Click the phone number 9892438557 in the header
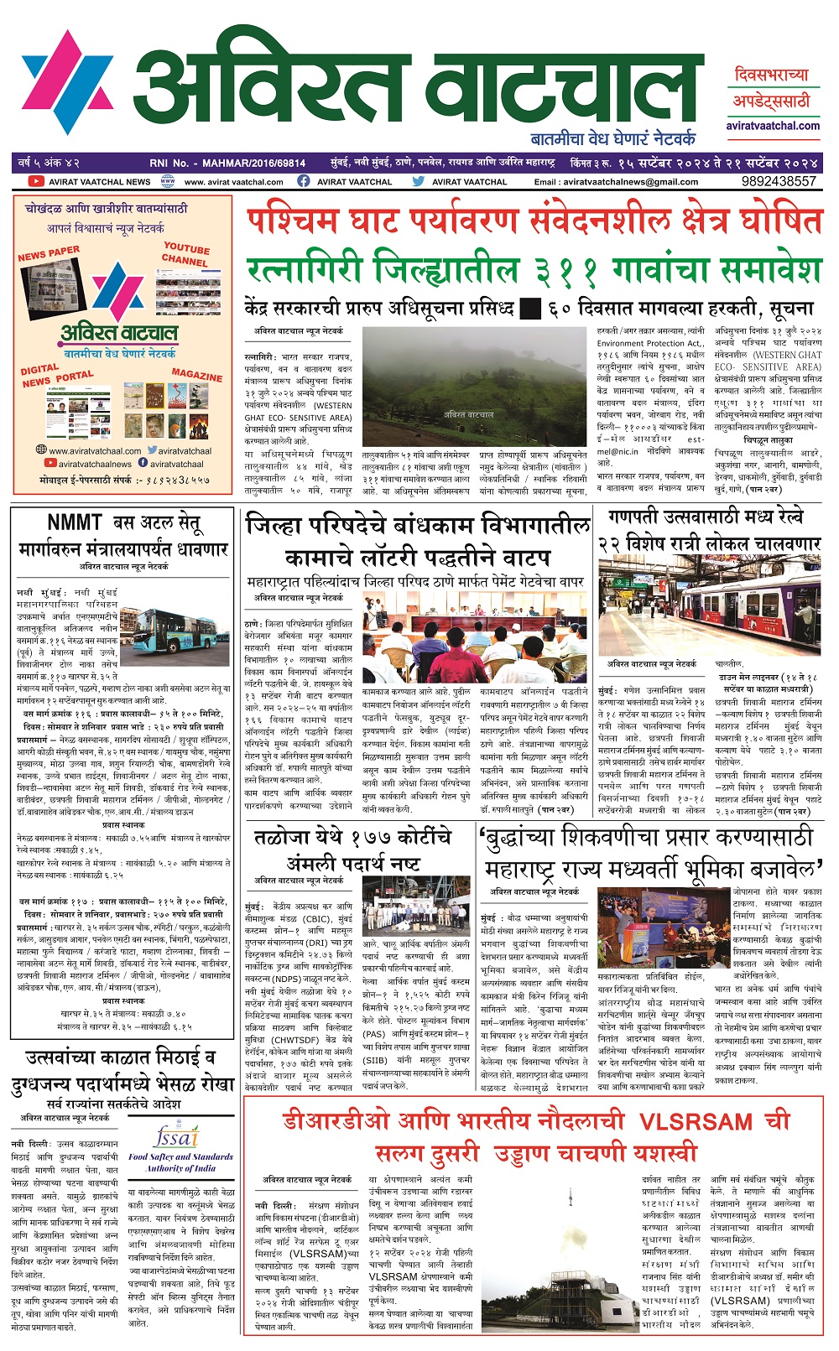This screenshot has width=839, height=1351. click(x=778, y=181)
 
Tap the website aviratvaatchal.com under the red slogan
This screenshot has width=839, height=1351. click(x=773, y=126)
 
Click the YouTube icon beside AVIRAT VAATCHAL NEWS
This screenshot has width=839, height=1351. click(x=35, y=181)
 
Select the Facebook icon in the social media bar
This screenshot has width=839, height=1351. click(x=304, y=181)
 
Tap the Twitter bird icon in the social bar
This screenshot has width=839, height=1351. click(x=419, y=181)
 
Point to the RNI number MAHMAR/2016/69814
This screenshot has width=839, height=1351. click(x=260, y=163)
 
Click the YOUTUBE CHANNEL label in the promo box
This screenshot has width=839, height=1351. click(x=185, y=254)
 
